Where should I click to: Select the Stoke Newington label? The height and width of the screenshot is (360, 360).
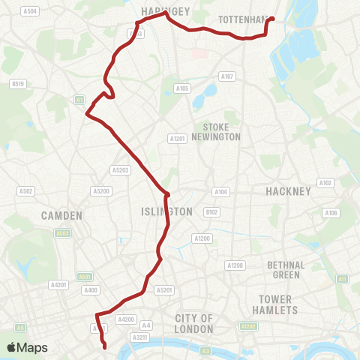point(216,132)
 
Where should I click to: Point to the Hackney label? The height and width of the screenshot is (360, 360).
point(288,191)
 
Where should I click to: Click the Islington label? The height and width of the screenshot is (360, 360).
point(166,211)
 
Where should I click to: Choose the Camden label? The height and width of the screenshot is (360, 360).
point(63,215)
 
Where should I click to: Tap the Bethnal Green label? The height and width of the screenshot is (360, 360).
point(286,270)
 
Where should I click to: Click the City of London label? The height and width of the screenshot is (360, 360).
point(195,323)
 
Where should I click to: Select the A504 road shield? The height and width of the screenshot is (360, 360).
point(30,11)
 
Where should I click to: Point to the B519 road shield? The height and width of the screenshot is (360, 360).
point(18,85)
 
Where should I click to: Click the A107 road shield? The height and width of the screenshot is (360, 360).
point(227,76)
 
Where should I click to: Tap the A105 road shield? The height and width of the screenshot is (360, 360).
point(182,88)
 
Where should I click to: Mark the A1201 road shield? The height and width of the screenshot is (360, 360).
point(177,138)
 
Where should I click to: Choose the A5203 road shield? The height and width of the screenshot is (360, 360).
point(120,170)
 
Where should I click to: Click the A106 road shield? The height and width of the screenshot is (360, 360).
point(331,214)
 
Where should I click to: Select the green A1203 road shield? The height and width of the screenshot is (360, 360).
point(248,326)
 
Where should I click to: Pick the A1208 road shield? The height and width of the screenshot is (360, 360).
point(235,265)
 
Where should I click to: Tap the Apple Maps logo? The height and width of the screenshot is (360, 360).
point(27,347)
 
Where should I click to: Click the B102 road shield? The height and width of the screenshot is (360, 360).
point(212,212)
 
